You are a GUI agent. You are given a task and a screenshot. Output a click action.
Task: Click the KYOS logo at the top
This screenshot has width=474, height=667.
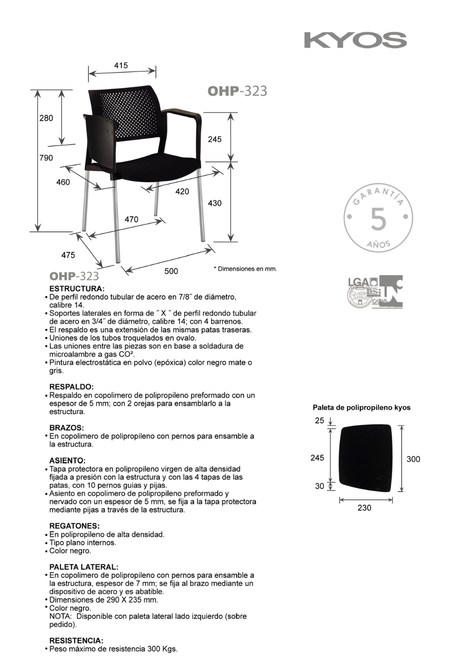click(355, 40)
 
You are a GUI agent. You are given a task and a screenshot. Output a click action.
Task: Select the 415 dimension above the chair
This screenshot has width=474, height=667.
click(121, 65)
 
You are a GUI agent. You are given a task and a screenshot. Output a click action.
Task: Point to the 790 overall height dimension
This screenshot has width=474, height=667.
click(46, 158)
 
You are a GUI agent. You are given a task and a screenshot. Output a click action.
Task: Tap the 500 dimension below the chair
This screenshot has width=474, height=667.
click(171, 271)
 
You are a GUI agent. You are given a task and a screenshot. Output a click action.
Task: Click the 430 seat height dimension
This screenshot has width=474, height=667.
click(215, 203)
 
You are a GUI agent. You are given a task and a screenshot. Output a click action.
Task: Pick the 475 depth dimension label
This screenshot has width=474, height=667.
click(68, 255)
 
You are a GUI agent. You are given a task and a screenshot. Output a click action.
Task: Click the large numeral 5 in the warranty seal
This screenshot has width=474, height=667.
click(378, 219)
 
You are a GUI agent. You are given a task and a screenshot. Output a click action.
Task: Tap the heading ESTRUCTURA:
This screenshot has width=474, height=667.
click(77, 289)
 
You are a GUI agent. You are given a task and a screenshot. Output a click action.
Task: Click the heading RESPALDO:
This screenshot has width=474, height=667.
click(72, 387)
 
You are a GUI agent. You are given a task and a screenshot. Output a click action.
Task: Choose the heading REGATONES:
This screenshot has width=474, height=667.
click(75, 526)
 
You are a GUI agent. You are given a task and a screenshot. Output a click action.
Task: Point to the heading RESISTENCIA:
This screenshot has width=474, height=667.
click(76, 641)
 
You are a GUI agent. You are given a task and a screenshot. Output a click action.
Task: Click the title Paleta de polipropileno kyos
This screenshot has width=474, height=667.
click(362, 408)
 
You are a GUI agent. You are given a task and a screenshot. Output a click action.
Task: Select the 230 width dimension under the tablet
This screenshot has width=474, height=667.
click(364, 508)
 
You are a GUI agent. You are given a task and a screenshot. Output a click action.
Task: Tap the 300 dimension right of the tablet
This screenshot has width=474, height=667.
click(413, 459)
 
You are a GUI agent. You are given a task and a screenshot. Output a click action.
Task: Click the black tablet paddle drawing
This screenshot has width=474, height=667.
click(365, 459)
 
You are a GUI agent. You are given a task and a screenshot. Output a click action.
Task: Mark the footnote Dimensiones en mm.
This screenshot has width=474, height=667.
click(245, 269)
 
